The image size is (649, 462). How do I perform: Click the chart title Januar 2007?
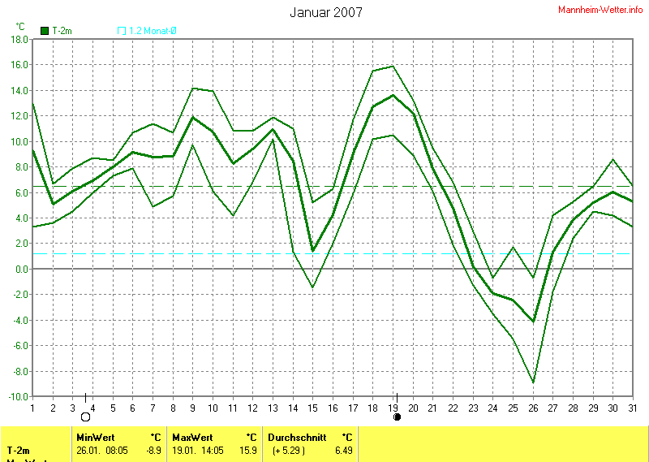coord(325,12)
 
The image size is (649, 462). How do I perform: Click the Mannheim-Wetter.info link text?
coord(601,9)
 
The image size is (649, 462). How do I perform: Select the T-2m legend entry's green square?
coord(45,31)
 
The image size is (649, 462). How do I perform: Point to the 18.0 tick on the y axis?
coord(19,39)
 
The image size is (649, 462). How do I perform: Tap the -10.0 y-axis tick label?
coord(17,397)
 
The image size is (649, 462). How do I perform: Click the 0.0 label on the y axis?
coord(21,270)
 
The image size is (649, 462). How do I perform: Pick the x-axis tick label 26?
coord(533,408)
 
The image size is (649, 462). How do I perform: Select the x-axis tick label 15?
coord(312,408)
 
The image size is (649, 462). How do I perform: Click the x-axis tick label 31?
coord(633,408)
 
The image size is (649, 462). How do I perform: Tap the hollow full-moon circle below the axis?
coord(85,417)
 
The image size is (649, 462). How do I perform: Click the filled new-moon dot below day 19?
coord(397,417)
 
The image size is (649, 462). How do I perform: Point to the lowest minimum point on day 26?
coord(532,382)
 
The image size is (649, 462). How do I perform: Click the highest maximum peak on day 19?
coord(393,66)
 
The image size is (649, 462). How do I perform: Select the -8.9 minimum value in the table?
coord(153,450)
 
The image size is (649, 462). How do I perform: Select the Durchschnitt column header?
coord(296,437)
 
